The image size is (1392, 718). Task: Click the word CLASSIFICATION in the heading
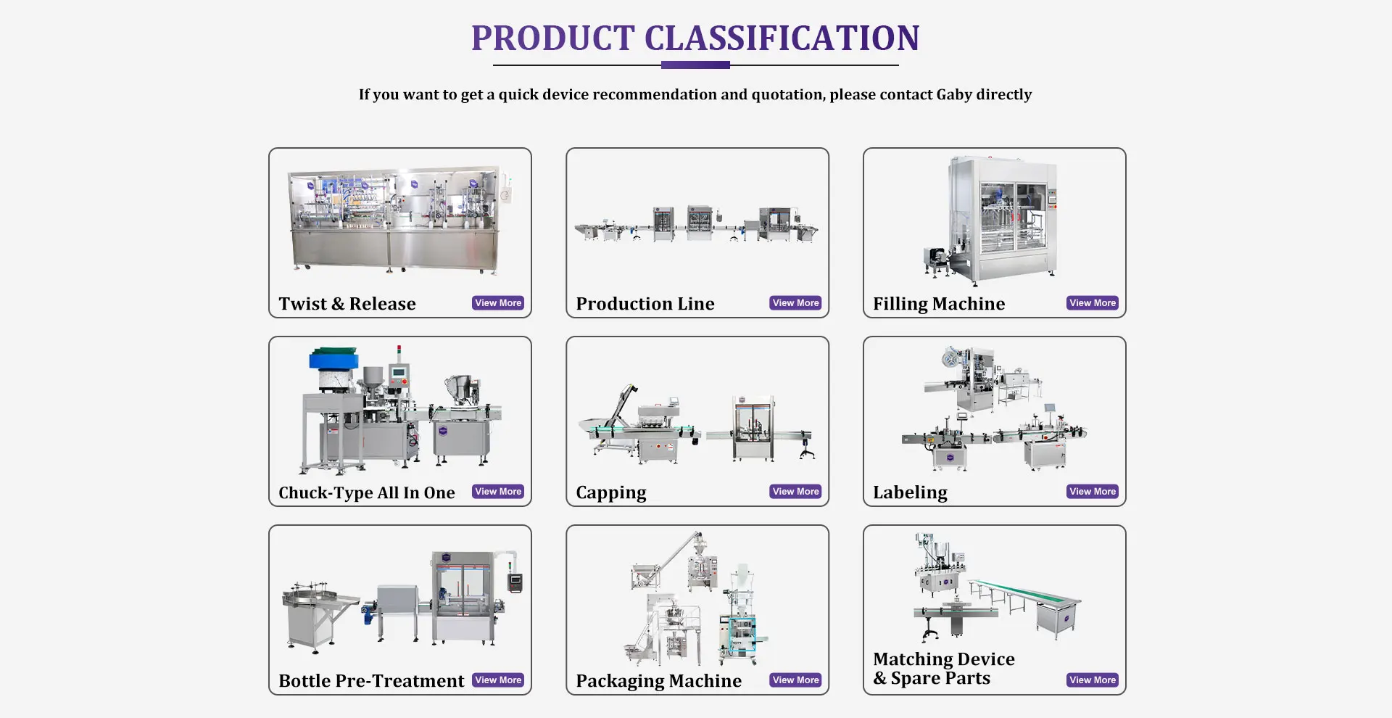[x=782, y=38]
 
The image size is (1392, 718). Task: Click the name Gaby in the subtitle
[x=953, y=95]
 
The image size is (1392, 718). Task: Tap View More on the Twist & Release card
[x=498, y=303]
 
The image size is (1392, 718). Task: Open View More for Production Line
[x=795, y=303]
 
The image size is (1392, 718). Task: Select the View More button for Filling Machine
[x=1093, y=303]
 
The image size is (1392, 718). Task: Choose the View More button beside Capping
[x=795, y=492]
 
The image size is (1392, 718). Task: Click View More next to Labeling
[x=1093, y=492]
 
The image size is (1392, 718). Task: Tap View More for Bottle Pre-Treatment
[x=498, y=680]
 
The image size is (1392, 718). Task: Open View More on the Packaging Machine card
[x=795, y=680]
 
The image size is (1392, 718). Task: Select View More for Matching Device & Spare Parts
[x=1093, y=680]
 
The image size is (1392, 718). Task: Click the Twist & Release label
[x=347, y=304]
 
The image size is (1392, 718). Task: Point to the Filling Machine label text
[x=939, y=305]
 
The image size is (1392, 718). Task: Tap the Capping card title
[x=611, y=493]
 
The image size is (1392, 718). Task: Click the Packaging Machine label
[x=658, y=682]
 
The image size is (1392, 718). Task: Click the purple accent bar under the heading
[x=695, y=65]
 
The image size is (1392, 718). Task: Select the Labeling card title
[x=910, y=493]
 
